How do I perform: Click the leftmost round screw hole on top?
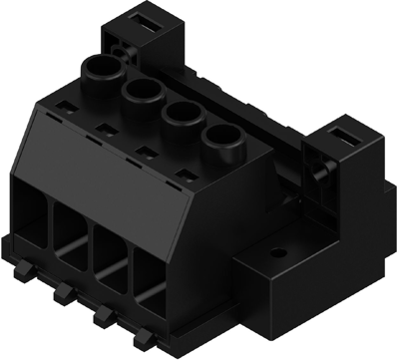(x=102, y=70)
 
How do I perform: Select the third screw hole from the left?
(x=181, y=113)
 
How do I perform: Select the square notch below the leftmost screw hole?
(x=65, y=105)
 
